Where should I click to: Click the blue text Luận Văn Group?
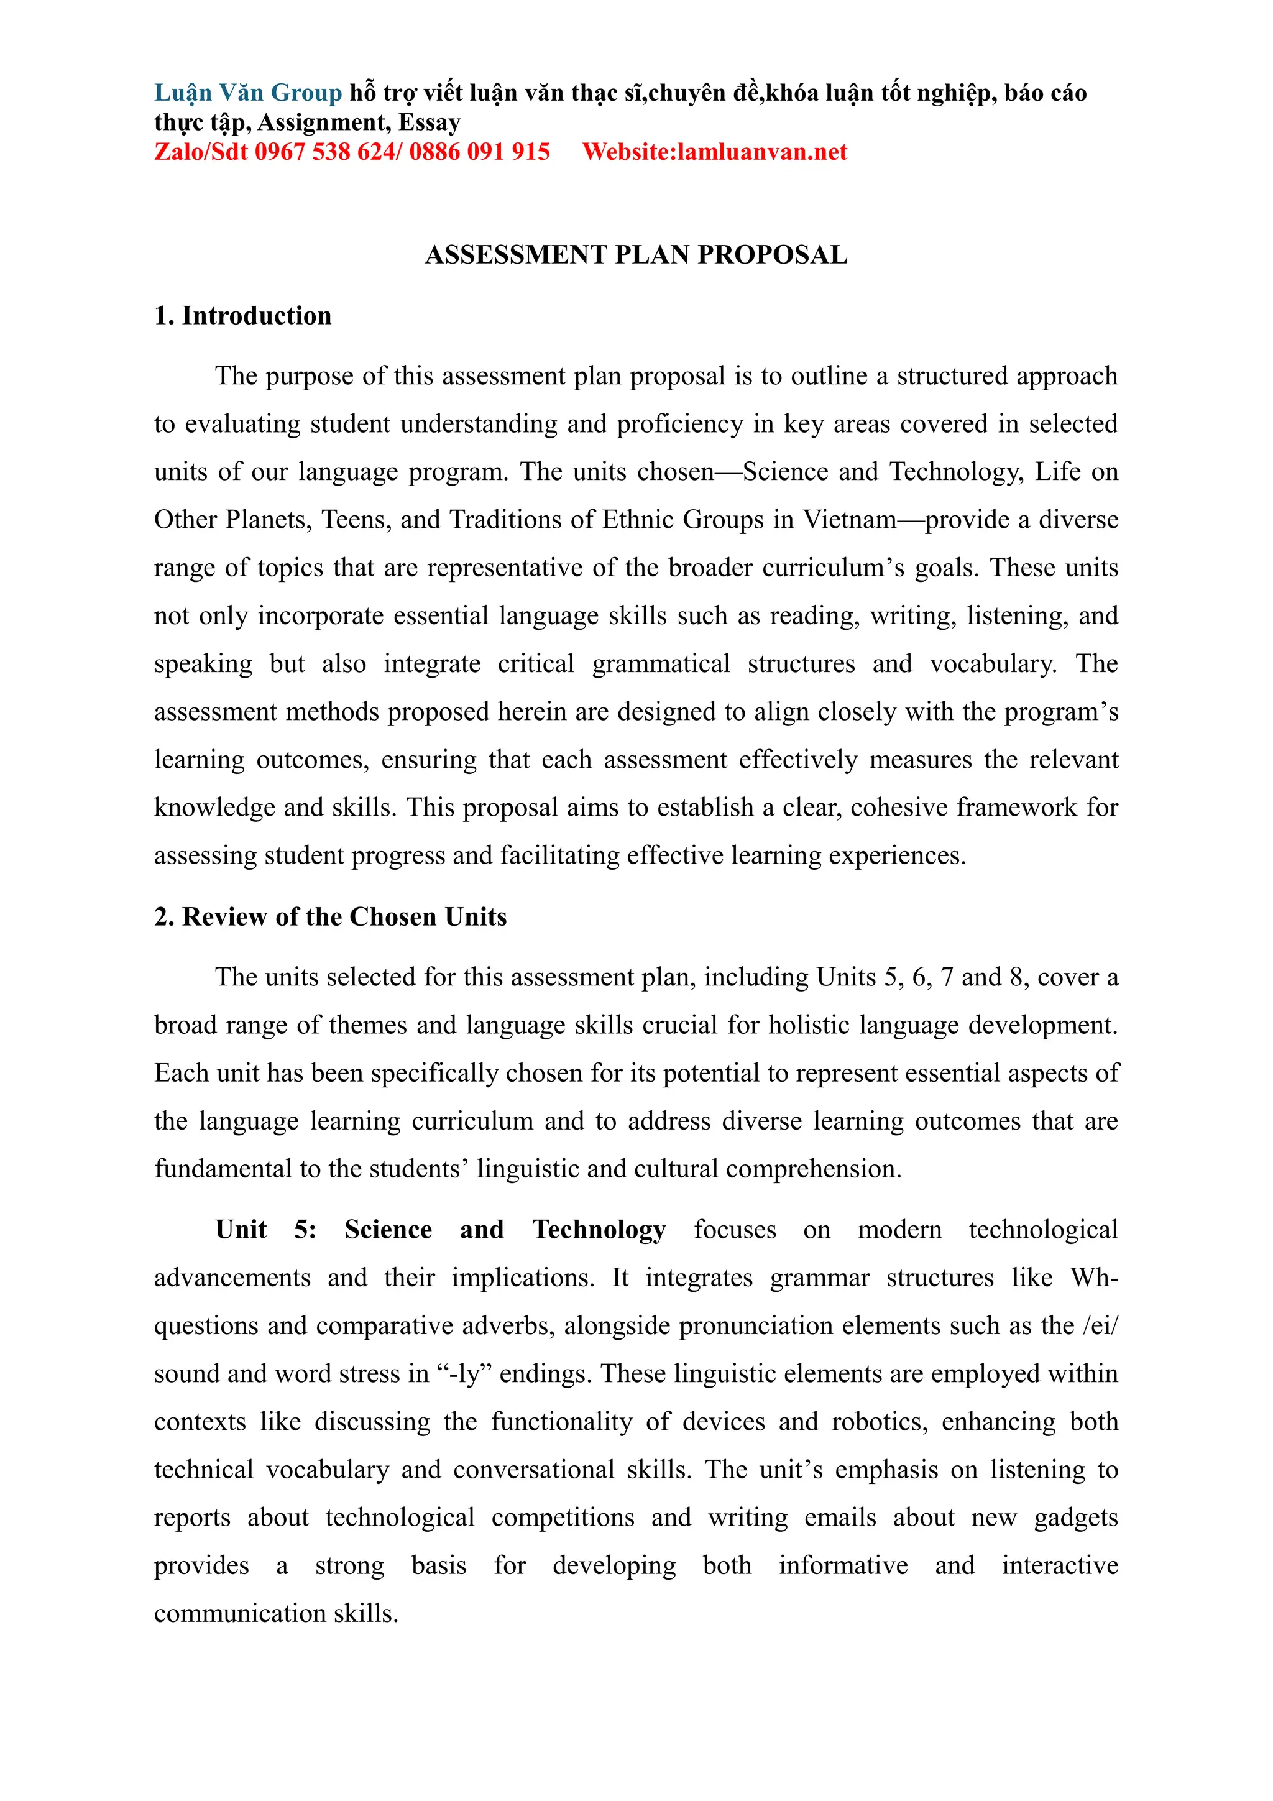click(248, 93)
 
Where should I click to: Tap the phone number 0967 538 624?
click(324, 152)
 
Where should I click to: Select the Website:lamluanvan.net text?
click(715, 152)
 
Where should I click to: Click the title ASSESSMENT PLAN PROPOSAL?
click(636, 255)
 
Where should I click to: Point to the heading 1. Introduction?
click(242, 315)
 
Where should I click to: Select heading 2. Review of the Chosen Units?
click(330, 916)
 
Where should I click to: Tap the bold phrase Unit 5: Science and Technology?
click(441, 1229)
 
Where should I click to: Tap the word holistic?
click(809, 1025)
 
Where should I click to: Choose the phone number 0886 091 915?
click(479, 152)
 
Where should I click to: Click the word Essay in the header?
click(429, 122)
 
